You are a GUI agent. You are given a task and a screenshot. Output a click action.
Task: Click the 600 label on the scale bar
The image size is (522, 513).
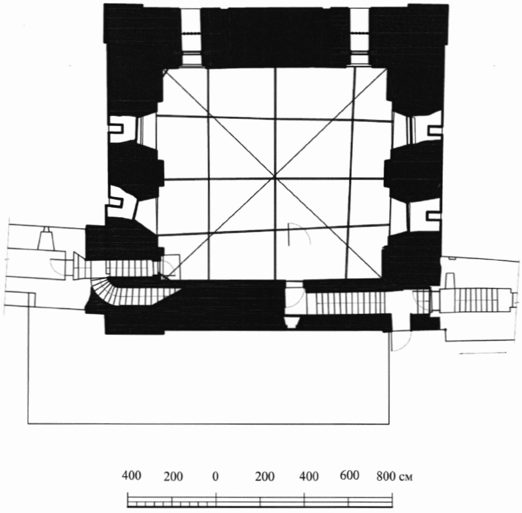(x=349, y=475)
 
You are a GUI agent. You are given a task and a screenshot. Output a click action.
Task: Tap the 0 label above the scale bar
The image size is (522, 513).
(x=215, y=476)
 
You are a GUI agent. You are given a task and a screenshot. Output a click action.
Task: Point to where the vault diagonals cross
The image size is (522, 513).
(x=275, y=175)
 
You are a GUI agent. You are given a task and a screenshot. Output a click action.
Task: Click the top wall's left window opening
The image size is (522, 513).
(x=191, y=38)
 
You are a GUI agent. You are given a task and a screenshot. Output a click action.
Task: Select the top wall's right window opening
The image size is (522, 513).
(x=360, y=38)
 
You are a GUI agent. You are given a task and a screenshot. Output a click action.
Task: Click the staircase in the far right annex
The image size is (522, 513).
(x=476, y=300)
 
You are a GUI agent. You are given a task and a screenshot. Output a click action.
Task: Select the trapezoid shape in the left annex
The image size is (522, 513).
(x=46, y=239)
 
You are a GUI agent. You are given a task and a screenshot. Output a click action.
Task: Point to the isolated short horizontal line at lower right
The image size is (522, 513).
(x=482, y=353)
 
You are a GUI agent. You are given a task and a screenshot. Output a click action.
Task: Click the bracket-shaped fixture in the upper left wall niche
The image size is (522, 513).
(x=116, y=128)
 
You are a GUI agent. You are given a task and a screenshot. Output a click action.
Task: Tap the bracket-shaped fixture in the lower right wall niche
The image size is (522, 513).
(x=434, y=215)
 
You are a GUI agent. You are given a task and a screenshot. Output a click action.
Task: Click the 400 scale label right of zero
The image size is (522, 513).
(x=309, y=476)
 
